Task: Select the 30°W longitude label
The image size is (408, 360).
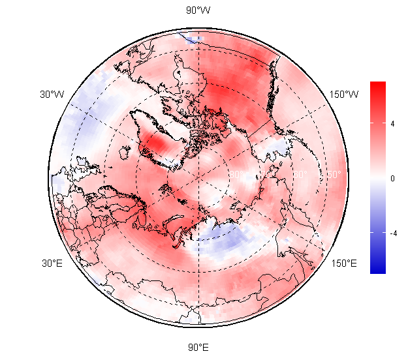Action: click(52, 95)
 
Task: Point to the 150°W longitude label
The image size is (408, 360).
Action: click(344, 95)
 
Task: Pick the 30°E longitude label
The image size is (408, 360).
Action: click(52, 263)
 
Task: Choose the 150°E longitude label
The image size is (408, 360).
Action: click(344, 263)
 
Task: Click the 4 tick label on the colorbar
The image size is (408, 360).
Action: click(392, 123)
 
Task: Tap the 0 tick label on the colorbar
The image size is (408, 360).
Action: click(392, 177)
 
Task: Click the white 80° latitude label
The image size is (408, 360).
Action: click(235, 175)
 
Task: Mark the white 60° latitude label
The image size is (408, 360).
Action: click(300, 175)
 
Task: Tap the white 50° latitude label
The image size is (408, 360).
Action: click(332, 175)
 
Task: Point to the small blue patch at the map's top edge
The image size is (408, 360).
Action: click(190, 38)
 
